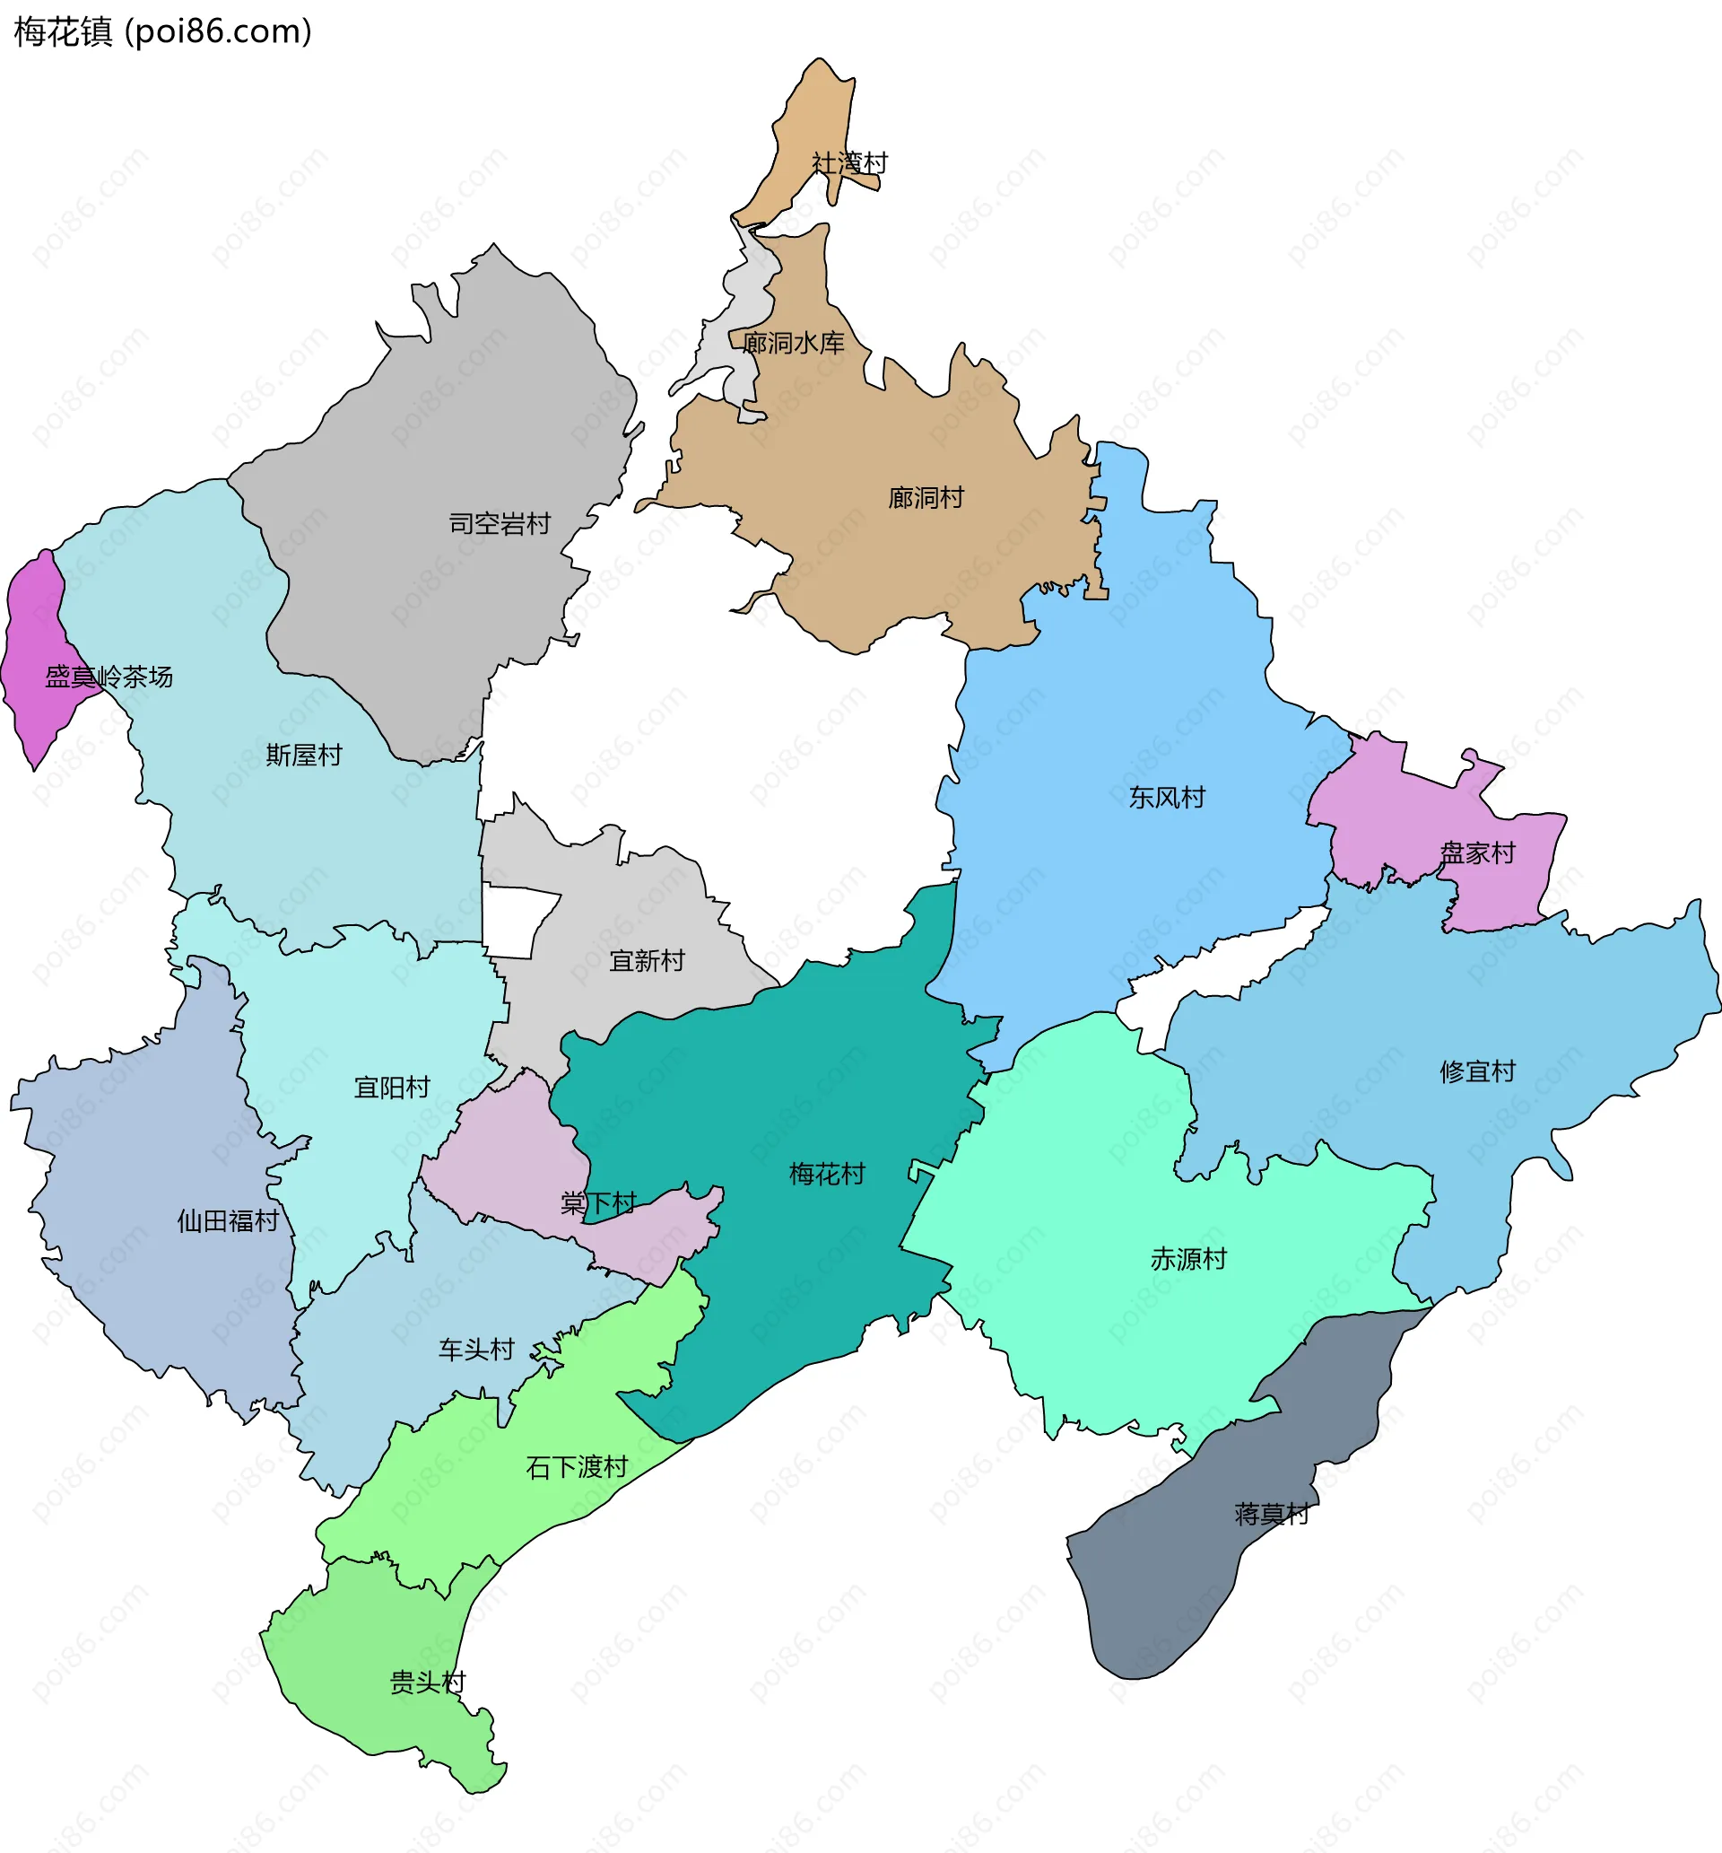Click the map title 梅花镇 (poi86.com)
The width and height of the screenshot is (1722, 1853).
tap(163, 31)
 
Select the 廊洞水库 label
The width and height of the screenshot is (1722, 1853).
tap(793, 343)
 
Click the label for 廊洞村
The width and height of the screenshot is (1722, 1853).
tap(926, 498)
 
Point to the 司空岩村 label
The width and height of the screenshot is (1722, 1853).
tap(500, 524)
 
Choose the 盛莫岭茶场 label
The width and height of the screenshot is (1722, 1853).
tap(109, 677)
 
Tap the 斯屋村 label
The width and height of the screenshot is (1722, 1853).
tap(304, 755)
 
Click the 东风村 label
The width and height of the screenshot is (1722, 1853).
tap(1167, 798)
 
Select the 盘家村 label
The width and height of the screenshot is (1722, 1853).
tap(1477, 852)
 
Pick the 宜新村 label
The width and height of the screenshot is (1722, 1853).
tap(647, 961)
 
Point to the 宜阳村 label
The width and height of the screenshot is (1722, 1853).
tap(391, 1088)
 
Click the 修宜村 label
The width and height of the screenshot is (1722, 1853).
tap(1477, 1072)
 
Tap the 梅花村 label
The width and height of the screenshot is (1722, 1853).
tap(827, 1175)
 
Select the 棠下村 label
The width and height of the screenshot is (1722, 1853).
tap(598, 1203)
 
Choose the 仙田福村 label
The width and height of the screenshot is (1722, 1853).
tap(229, 1221)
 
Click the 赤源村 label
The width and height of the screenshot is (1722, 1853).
tap(1188, 1260)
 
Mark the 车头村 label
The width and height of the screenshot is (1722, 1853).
tap(476, 1350)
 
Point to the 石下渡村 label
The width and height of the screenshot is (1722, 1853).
tap(577, 1468)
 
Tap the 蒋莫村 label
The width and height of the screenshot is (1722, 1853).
tap(1271, 1514)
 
